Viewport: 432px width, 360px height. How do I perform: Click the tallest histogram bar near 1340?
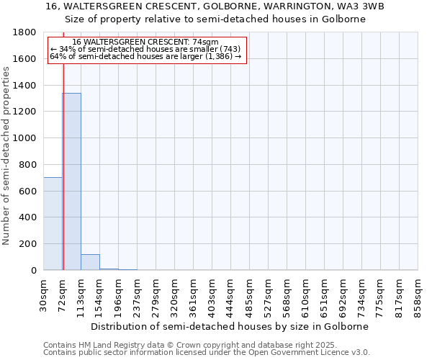(x=71, y=181)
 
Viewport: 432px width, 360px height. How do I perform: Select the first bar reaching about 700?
(x=53, y=223)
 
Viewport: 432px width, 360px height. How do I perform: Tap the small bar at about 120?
(x=90, y=262)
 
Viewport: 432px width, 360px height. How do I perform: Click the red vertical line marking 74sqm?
(x=63, y=158)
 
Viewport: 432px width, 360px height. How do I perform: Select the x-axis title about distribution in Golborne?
(x=230, y=326)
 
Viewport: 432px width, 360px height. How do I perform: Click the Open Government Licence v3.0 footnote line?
(x=206, y=353)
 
